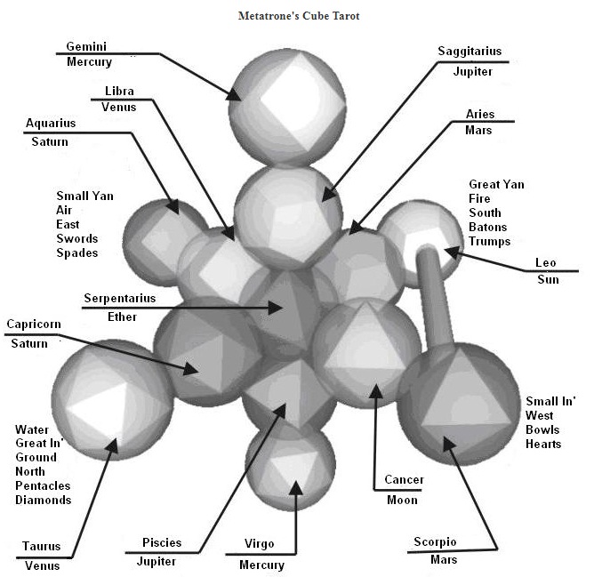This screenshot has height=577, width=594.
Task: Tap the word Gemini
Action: (85, 46)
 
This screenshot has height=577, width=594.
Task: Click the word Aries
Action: (479, 115)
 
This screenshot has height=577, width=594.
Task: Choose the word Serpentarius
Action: (119, 298)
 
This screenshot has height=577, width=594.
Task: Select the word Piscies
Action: (162, 542)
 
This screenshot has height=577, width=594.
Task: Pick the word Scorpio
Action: (435, 542)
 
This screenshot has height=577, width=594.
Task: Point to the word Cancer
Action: (404, 480)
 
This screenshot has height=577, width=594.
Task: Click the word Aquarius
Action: (51, 123)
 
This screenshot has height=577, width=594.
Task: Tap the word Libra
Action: (118, 91)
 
